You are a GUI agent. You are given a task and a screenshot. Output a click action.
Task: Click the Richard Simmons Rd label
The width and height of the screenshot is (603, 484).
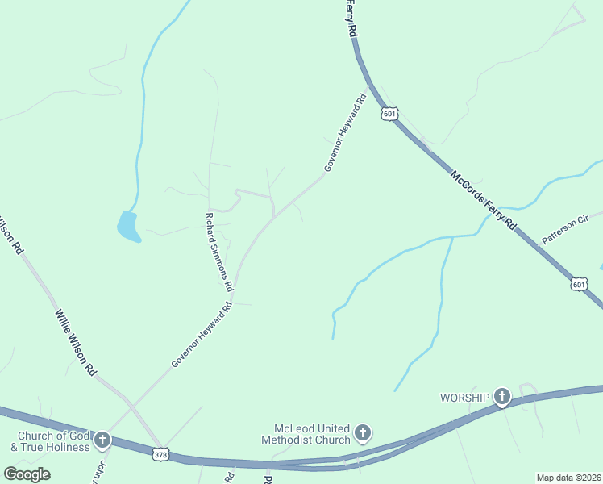[219, 252]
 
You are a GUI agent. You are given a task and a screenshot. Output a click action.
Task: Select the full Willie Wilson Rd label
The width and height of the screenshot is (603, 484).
[76, 343]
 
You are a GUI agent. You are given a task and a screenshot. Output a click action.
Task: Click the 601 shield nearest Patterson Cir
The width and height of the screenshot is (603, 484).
[580, 284]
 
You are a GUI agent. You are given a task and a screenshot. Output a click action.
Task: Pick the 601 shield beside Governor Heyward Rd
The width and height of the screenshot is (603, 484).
[390, 114]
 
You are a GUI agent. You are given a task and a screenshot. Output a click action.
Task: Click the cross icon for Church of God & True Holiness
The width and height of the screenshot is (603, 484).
[102, 440]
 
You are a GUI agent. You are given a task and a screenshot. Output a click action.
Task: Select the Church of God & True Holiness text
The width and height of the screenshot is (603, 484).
[49, 440]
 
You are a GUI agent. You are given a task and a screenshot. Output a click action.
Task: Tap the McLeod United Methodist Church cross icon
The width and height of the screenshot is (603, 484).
[363, 433]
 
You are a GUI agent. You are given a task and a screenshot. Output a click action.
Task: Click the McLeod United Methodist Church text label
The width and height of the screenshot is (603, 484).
[306, 434]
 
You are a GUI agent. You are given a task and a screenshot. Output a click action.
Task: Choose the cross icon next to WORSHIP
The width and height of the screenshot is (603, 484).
[502, 397]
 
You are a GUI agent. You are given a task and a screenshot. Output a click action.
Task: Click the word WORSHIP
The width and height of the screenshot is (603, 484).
[464, 398]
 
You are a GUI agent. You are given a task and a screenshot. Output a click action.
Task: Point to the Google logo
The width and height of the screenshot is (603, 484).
[27, 474]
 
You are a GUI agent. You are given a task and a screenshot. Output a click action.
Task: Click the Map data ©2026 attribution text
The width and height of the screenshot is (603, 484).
[568, 477]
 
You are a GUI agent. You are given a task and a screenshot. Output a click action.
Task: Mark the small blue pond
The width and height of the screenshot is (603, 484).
[128, 227]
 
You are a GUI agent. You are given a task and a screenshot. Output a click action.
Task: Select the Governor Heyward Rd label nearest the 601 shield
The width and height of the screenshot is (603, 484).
[345, 133]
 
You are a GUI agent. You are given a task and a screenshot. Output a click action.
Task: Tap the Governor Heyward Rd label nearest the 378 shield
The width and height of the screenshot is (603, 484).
[202, 335]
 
